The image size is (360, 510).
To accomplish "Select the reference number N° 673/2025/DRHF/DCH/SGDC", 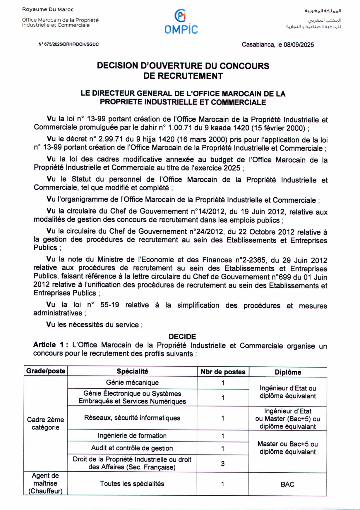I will point(68,44).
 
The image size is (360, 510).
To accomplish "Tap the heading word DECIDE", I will point(182,336).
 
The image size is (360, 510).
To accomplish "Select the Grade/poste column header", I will point(46,371).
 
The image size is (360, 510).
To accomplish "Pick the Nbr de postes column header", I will point(223,372).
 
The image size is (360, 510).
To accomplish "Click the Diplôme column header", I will point(288,372).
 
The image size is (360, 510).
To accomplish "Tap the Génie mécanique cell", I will point(132,382).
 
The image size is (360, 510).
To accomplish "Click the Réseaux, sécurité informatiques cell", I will point(132,418).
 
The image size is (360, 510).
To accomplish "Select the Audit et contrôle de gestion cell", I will point(132,448).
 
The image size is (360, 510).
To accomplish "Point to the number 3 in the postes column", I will point(223,464).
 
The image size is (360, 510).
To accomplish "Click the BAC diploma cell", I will point(287,484).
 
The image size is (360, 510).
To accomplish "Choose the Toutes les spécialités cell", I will point(132,484).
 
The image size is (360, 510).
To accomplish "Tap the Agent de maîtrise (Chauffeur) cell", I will point(45,483).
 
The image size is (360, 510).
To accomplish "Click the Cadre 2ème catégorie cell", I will point(45,423).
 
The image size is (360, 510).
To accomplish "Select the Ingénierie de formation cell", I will point(132,436).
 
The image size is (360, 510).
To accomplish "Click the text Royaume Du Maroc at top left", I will point(48,9).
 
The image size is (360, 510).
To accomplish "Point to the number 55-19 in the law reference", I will point(109,305).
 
